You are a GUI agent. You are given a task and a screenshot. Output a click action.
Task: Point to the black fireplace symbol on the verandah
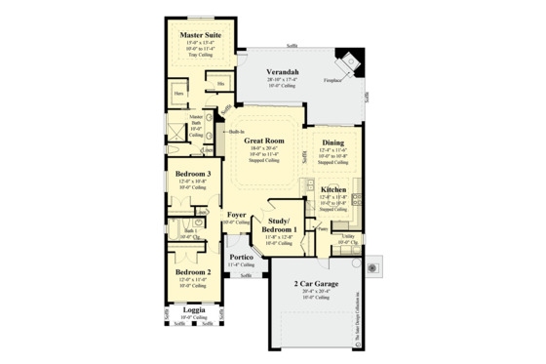coord(346,58)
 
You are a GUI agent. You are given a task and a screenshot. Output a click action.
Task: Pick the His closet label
coord(221,83)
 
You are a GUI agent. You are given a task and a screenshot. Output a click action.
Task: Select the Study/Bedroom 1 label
coord(284,225)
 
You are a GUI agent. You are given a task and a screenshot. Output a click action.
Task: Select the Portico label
coord(242,257)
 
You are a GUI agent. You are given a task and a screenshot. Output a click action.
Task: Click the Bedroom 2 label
coord(193,272)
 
